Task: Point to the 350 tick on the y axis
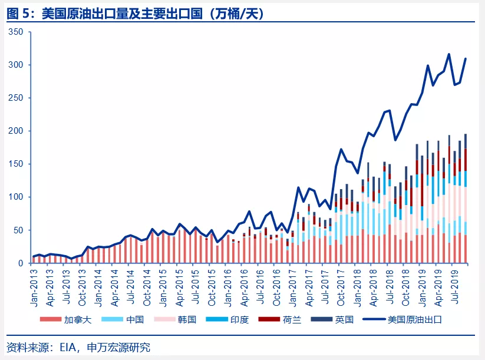pyautogui.click(x=16, y=32)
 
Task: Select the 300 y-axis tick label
pyautogui.click(x=16, y=65)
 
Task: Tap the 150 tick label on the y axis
pyautogui.click(x=16, y=164)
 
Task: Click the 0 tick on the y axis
pyautogui.click(x=21, y=263)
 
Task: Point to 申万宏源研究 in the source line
pyautogui.click(x=118, y=348)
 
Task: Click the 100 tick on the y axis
pyautogui.click(x=16, y=197)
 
